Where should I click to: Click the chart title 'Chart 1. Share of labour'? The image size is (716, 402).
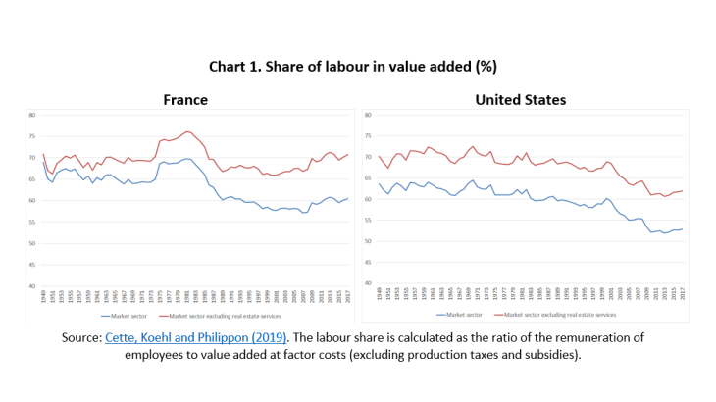point(357,67)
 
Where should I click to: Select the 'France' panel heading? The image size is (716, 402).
point(185,100)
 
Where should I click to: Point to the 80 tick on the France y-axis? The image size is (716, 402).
point(31,115)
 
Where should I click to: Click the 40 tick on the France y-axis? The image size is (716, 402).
point(31,286)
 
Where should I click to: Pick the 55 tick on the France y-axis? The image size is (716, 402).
point(31,222)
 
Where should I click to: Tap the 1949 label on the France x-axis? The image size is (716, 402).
point(44,296)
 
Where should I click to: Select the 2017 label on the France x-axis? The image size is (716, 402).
point(346,296)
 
